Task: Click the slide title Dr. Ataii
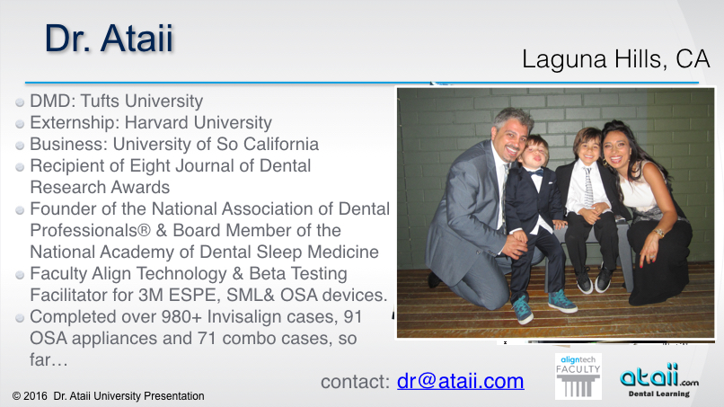coord(109,38)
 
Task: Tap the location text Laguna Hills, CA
coord(615,59)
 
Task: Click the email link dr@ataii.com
coord(460,382)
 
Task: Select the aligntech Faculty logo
coord(578,376)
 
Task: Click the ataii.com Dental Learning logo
coord(659,380)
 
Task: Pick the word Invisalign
coord(239,317)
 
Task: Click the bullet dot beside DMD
coord(20,102)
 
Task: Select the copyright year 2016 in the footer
coord(36,396)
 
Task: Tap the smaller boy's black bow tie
coord(535,173)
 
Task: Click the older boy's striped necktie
coord(587,188)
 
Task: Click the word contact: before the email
coord(356,382)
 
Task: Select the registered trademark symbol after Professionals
coord(144,230)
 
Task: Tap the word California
coord(281,144)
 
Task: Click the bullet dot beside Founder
coord(20,210)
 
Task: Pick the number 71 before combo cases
coord(207,339)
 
